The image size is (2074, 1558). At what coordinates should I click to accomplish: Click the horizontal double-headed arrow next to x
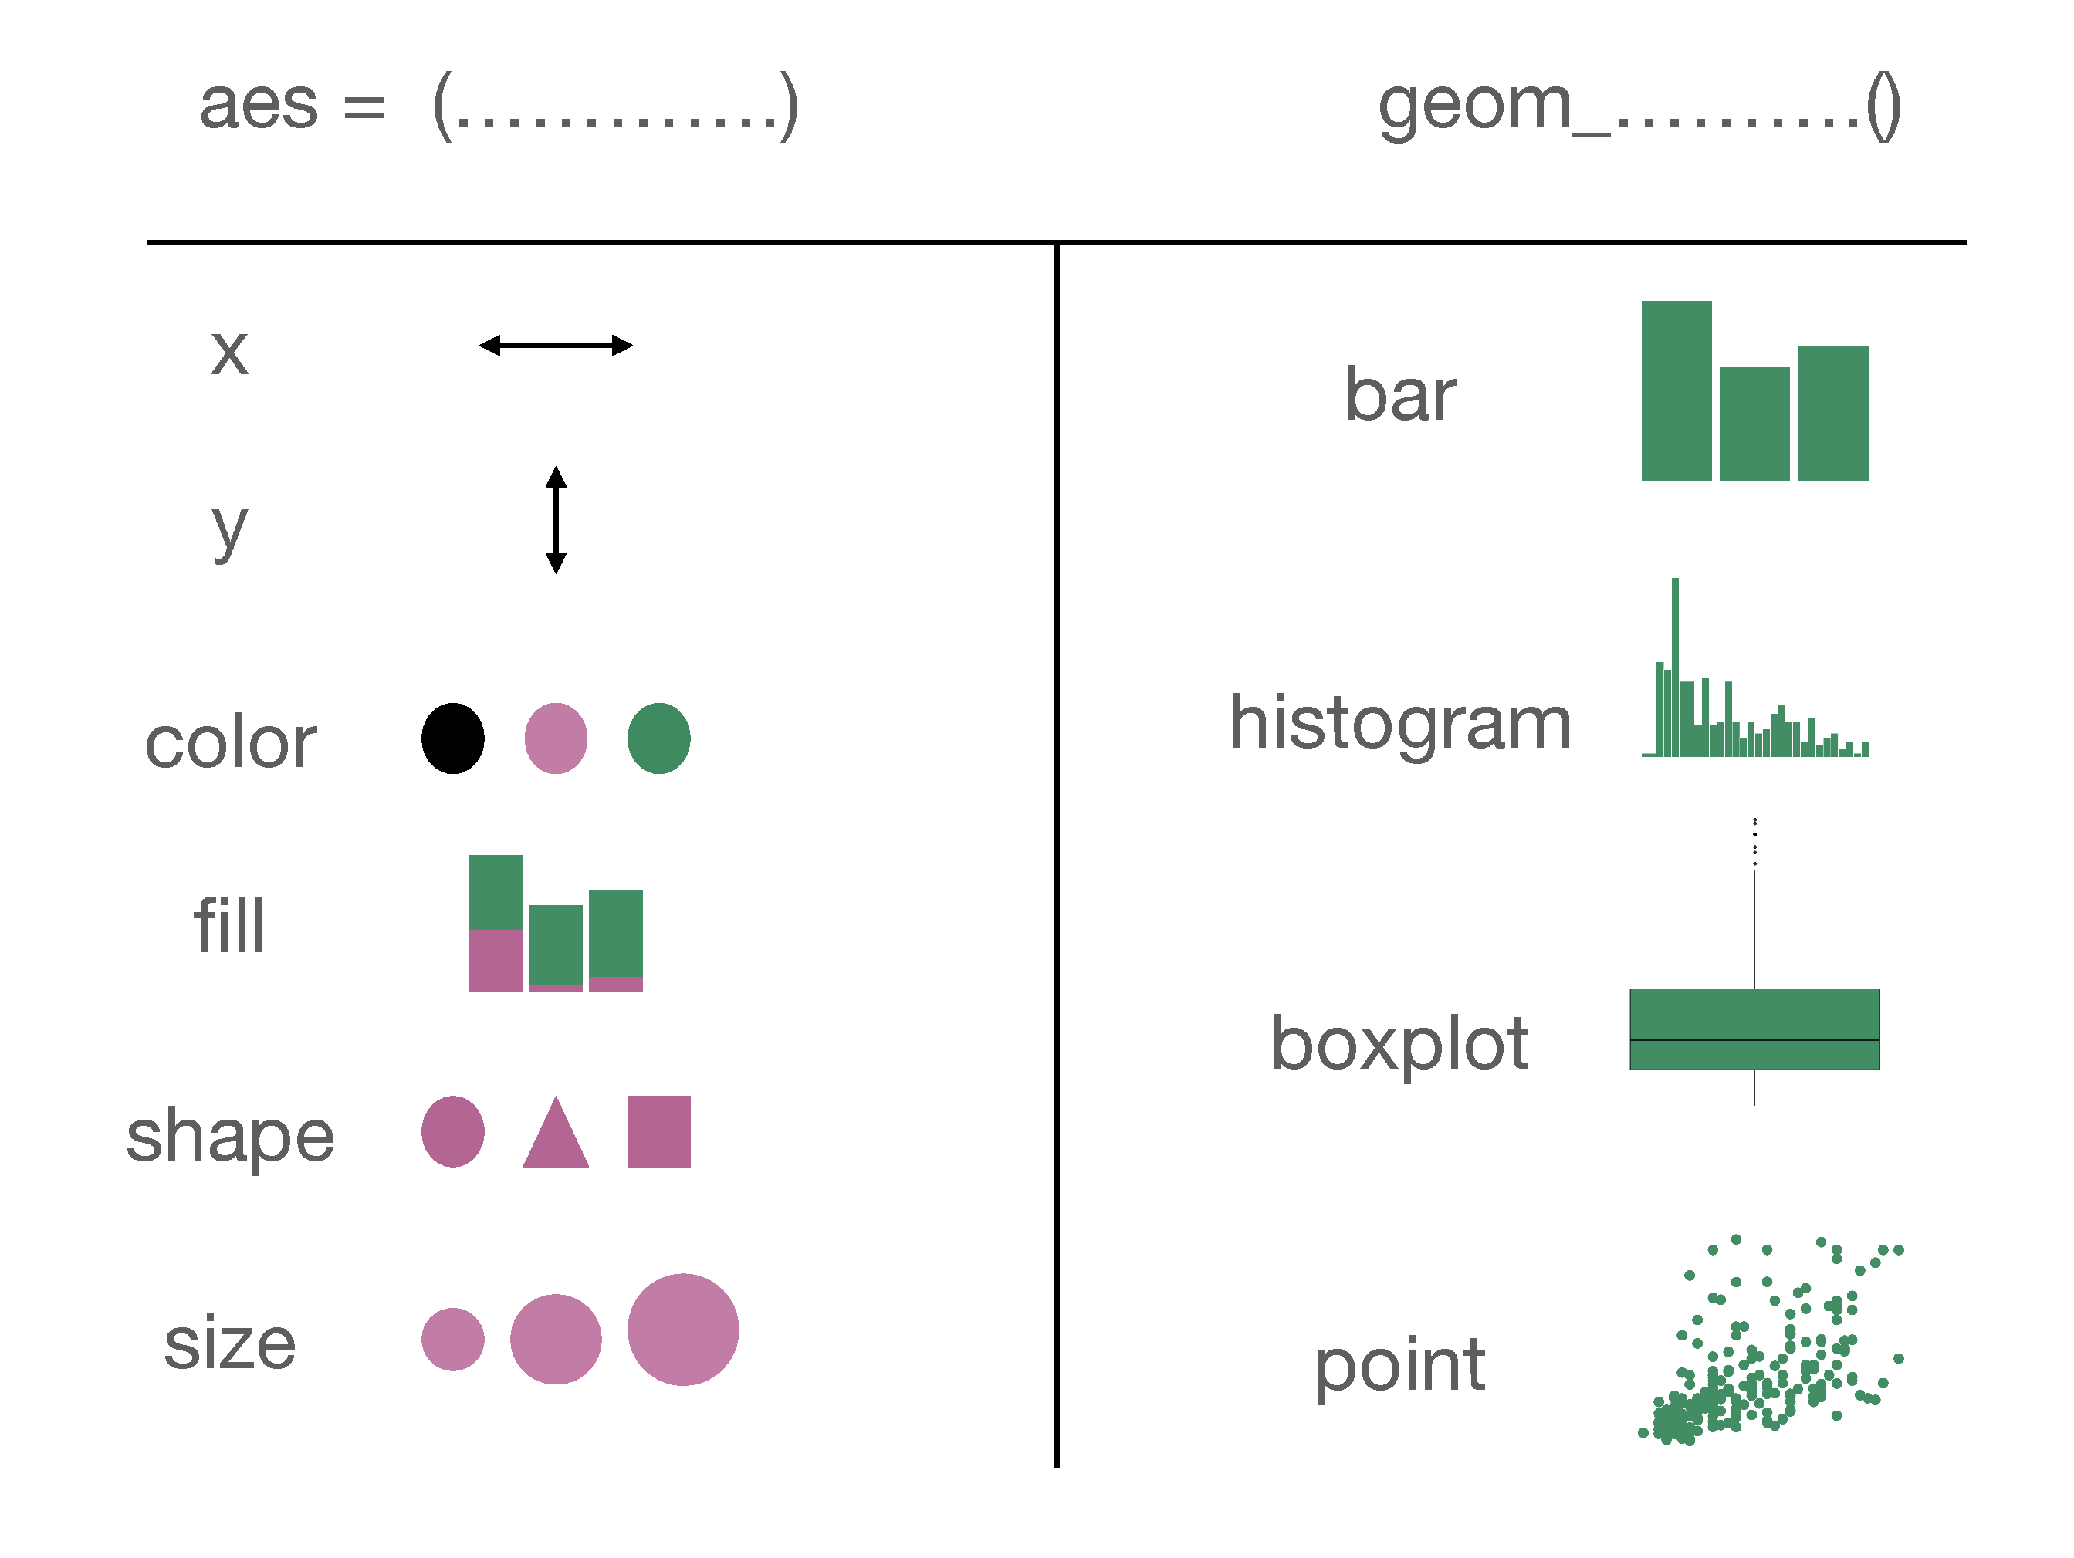coord(555,346)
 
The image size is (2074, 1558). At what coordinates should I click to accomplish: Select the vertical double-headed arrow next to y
coord(555,519)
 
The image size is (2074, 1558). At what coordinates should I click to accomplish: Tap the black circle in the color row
coord(453,738)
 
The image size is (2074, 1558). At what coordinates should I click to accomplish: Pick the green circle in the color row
coord(658,738)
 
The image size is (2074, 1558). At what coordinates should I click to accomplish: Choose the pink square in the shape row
coord(658,1131)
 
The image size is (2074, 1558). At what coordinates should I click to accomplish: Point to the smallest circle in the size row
coord(453,1340)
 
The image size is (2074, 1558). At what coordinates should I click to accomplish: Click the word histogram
coord(1400,724)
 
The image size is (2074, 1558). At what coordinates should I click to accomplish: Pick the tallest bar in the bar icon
coord(1676,391)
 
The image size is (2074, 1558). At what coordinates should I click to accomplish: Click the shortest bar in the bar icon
coord(1754,424)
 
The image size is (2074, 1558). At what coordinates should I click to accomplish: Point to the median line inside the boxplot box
coord(1754,1040)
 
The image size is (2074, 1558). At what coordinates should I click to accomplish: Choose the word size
coord(230,1343)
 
